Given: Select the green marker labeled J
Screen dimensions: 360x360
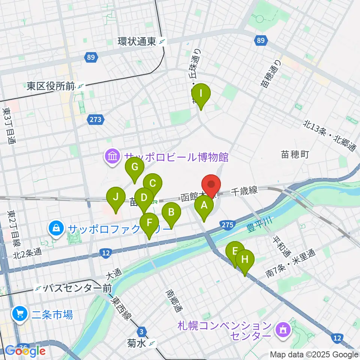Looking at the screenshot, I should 116,197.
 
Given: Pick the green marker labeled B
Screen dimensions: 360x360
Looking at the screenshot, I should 171,213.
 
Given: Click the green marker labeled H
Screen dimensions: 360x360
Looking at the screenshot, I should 245,259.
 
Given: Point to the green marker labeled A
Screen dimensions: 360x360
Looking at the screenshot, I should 204,205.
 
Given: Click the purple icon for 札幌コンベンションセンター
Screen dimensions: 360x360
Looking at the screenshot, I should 282,330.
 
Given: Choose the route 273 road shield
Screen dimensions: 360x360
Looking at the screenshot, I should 95,120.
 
